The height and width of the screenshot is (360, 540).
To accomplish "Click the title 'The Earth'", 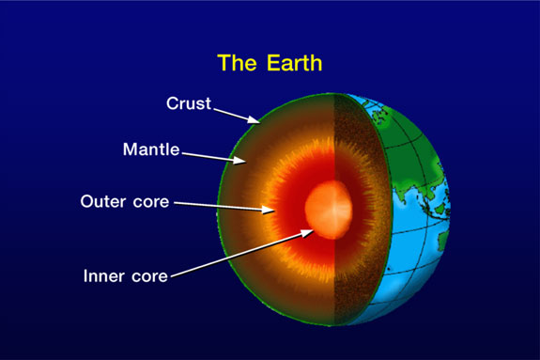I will coord(270,63).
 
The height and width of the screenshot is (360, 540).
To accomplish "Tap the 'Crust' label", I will coord(189,103).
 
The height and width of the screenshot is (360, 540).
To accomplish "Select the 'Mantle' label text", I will coord(151,149).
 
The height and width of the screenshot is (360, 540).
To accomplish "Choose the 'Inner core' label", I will coord(125,276).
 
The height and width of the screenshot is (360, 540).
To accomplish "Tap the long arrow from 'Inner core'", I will coord(240,251).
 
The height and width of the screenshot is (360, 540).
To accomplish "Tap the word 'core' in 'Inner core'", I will coord(149,276).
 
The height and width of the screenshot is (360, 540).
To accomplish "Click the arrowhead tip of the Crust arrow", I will coord(258,123).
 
